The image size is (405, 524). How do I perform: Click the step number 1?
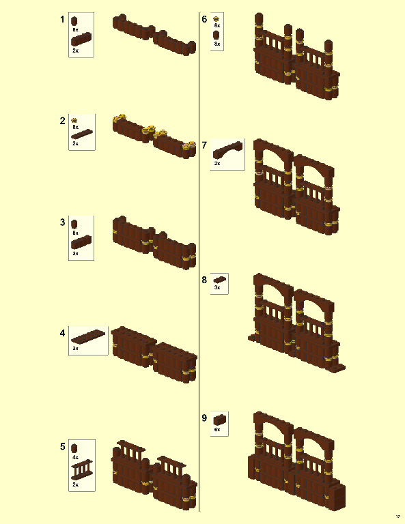pyautogui.click(x=63, y=19)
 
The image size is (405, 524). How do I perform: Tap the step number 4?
pyautogui.click(x=63, y=333)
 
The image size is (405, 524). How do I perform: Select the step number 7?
pyautogui.click(x=204, y=145)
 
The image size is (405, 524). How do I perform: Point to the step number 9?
pyautogui.click(x=204, y=418)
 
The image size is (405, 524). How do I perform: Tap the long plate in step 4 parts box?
pyautogui.click(x=88, y=336)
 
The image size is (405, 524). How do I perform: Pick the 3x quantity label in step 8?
pyautogui.click(x=217, y=288)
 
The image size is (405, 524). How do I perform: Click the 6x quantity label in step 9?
pyautogui.click(x=217, y=430)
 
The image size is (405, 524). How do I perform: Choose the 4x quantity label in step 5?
pyautogui.click(x=75, y=457)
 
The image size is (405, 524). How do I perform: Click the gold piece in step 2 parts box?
pyautogui.click(x=75, y=120)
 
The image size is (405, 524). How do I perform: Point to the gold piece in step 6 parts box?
pyautogui.click(x=217, y=18)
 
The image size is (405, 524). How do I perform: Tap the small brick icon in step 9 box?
pyautogui.click(x=219, y=419)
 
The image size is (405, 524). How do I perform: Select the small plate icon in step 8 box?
pyautogui.click(x=219, y=280)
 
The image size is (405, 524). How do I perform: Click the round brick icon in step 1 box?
pyautogui.click(x=75, y=20)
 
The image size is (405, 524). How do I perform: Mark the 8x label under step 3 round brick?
pyautogui.click(x=75, y=233)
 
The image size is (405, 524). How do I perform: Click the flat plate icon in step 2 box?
pyautogui.click(x=81, y=136)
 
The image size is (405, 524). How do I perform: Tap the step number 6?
pyautogui.click(x=204, y=19)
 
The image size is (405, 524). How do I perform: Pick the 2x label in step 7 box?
pyautogui.click(x=217, y=164)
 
